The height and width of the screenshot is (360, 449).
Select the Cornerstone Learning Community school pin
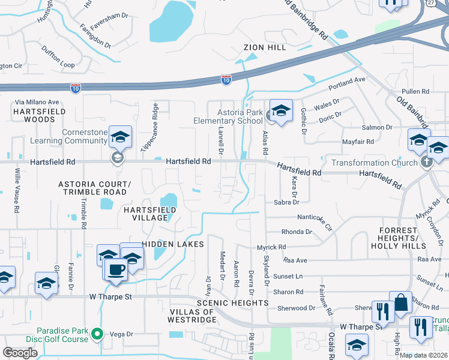click(120, 138)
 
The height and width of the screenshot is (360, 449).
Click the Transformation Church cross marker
click(426, 162)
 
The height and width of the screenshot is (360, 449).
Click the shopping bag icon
click(400, 303)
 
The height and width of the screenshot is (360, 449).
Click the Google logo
click(20, 353)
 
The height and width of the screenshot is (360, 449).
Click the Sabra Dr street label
click(286, 203)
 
